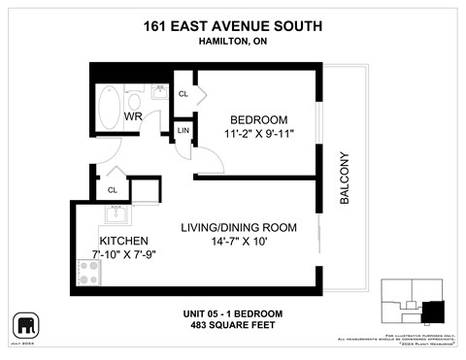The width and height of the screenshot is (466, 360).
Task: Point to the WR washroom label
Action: point(133,116)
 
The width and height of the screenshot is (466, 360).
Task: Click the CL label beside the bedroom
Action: point(183,94)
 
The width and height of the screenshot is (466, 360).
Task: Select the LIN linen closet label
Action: point(183,130)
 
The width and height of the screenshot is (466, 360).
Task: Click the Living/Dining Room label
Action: point(239,227)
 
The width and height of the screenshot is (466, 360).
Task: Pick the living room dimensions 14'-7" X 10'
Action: point(239,243)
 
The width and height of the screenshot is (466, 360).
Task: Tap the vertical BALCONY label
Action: point(344,180)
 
